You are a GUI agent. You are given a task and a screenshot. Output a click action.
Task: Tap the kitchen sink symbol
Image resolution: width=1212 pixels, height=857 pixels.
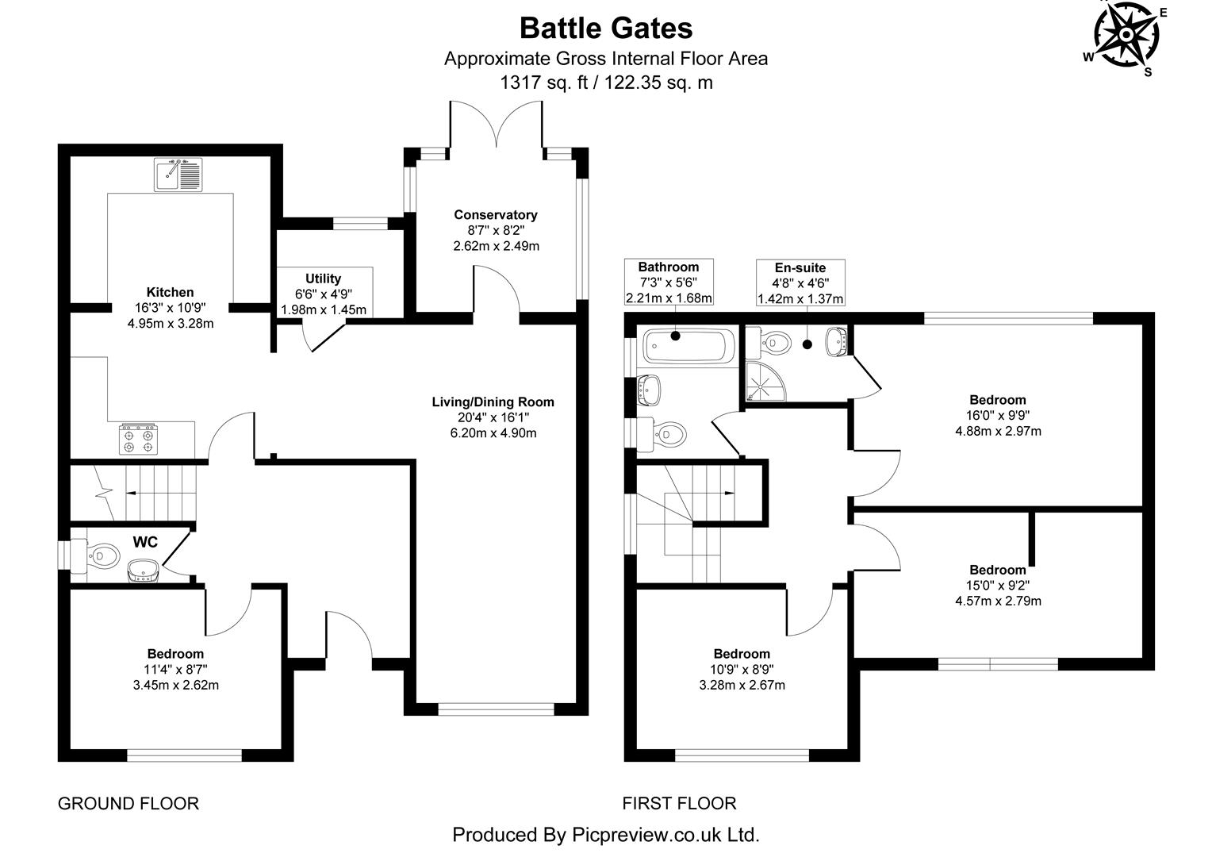click(178, 175)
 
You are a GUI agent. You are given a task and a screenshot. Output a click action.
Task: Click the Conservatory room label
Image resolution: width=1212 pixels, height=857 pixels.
click(495, 215)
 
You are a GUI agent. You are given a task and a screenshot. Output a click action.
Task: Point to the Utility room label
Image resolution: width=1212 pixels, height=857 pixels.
click(323, 279)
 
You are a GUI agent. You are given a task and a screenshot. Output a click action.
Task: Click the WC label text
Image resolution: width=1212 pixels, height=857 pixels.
click(145, 543)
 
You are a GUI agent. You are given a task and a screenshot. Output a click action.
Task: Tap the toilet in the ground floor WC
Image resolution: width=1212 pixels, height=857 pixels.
click(96, 554)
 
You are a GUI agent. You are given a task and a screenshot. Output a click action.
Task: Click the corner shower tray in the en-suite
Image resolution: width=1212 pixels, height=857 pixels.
click(763, 384)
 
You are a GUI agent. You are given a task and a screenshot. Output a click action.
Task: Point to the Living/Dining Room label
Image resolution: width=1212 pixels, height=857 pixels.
click(493, 402)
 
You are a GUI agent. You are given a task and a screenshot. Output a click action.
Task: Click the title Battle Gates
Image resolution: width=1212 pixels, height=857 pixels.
click(606, 29)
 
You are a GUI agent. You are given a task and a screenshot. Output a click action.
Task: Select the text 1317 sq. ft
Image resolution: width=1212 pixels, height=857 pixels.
click(544, 83)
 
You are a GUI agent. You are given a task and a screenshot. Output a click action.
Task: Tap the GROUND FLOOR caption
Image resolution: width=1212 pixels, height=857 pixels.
click(128, 804)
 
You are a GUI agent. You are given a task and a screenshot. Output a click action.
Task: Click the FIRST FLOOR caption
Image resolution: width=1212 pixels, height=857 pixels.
click(679, 804)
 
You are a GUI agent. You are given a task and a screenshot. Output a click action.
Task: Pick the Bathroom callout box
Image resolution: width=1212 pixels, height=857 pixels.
click(669, 282)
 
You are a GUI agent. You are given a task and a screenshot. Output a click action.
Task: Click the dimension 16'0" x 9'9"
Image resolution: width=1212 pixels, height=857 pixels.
click(998, 416)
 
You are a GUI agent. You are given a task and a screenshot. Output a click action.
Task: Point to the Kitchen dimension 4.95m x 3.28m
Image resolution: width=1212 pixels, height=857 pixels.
click(170, 324)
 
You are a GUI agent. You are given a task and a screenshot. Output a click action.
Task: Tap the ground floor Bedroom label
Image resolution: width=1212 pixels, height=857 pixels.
click(175, 654)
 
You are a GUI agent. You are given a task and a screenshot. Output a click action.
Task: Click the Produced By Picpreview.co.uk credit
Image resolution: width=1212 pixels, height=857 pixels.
click(606, 835)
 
